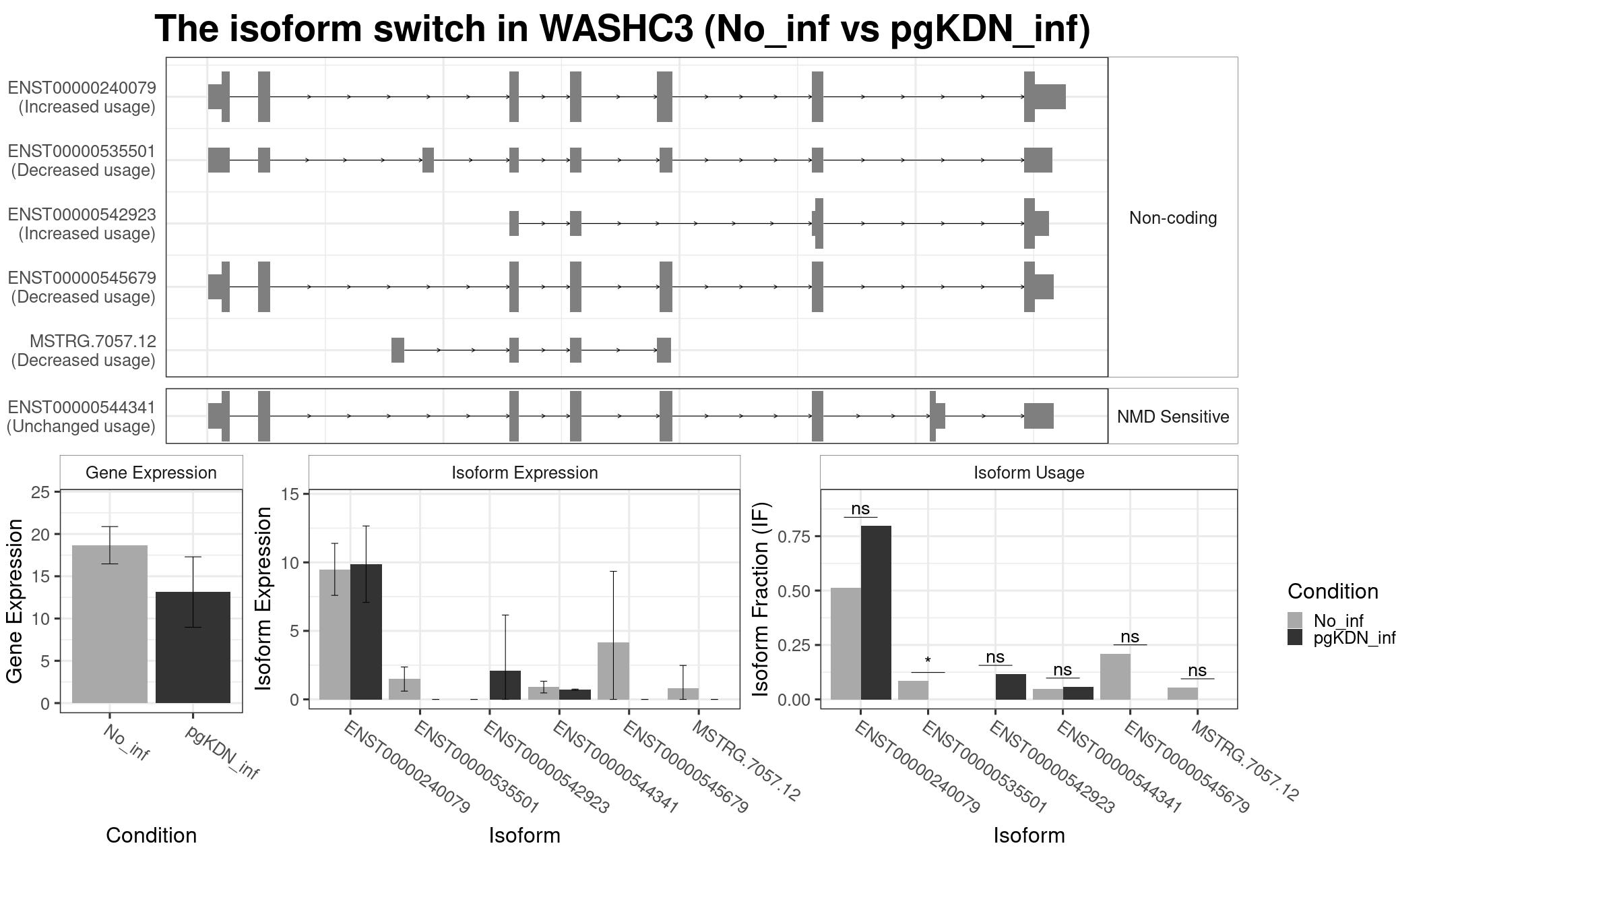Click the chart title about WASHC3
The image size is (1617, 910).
[623, 29]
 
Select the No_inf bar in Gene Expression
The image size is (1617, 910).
[109, 624]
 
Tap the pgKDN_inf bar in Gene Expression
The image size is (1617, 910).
[193, 647]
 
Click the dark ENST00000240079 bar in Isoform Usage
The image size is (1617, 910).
[876, 613]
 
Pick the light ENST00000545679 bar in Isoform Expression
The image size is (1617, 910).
[613, 671]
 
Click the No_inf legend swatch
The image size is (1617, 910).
[1295, 620]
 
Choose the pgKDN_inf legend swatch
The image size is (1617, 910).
[1295, 637]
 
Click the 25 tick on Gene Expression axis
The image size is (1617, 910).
[40, 493]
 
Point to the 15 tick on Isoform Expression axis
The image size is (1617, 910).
[290, 494]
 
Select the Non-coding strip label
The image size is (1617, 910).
[1173, 218]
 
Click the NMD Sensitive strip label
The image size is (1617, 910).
[1173, 417]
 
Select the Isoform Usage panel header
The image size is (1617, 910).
[1029, 473]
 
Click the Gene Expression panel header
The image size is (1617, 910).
[151, 473]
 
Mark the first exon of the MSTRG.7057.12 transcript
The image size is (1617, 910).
[398, 350]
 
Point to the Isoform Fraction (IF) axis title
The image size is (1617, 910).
[761, 599]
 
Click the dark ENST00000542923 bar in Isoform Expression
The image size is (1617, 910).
[505, 685]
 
